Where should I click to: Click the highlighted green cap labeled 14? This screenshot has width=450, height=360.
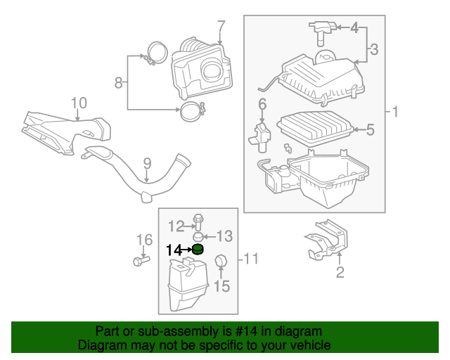pos(198,250)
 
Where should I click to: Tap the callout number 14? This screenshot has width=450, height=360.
pos(174,250)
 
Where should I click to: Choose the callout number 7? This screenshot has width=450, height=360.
pos(221,27)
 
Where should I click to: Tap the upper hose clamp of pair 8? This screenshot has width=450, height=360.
pos(157,53)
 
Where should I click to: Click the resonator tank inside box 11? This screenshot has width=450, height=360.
pos(186,285)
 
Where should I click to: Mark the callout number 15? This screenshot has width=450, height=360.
pos(221,286)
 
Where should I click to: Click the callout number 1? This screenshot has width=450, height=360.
pos(395,112)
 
